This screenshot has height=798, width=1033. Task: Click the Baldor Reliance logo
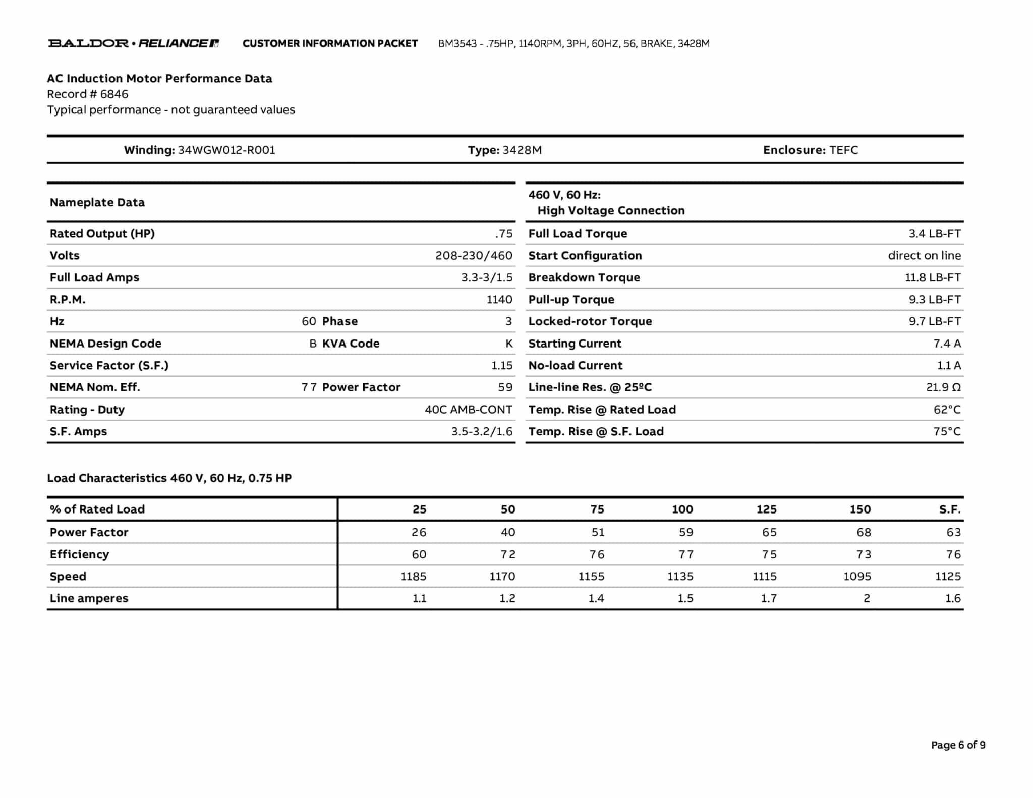coord(133,43)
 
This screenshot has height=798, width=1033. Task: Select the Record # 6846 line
coord(88,94)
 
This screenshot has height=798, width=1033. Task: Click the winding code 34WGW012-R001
coord(226,150)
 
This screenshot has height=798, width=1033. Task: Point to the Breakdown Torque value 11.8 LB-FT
coord(933,277)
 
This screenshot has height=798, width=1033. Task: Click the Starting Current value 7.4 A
coord(947,344)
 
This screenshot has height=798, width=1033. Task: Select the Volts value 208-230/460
coord(474,256)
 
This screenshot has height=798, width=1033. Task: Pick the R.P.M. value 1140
coord(499,300)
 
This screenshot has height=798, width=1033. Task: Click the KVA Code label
coord(351,344)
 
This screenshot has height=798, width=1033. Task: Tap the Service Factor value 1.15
coord(502,366)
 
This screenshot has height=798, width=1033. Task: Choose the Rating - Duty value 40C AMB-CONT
coord(468,410)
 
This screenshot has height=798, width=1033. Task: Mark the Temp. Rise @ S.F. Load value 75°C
coord(947,432)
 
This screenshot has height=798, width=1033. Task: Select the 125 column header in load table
coord(766,509)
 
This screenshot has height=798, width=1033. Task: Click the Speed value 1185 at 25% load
coord(413,577)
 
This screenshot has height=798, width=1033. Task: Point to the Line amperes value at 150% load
coord(867,599)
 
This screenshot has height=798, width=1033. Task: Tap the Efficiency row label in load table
coord(79,554)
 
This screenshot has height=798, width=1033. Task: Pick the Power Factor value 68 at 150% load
coord(864,532)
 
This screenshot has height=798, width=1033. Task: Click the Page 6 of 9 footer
coord(958,745)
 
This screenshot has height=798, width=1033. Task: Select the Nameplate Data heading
coord(97,203)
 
